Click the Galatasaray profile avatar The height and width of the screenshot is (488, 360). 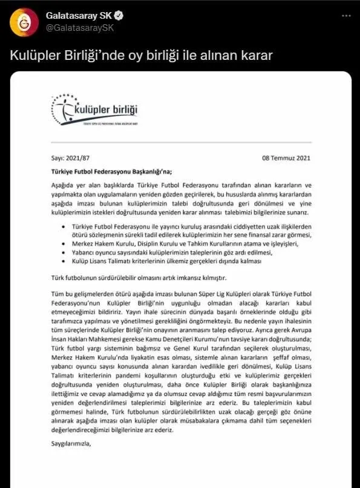[x=21, y=21]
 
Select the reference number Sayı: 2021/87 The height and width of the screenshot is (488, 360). [x=66, y=158]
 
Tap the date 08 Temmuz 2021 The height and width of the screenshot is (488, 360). [x=286, y=158]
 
